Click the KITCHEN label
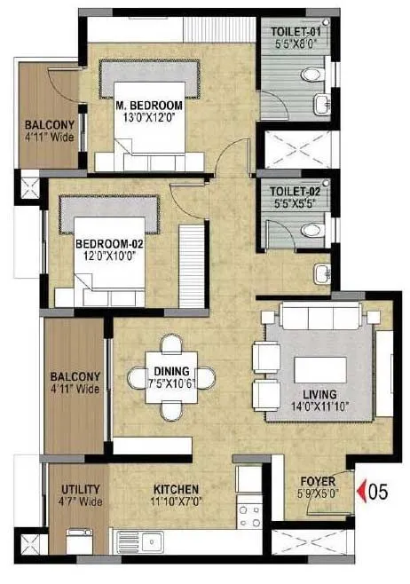pos(174,489)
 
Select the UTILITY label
pos(80,489)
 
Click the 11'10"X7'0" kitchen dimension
pos(174,501)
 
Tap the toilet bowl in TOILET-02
pos(310,232)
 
